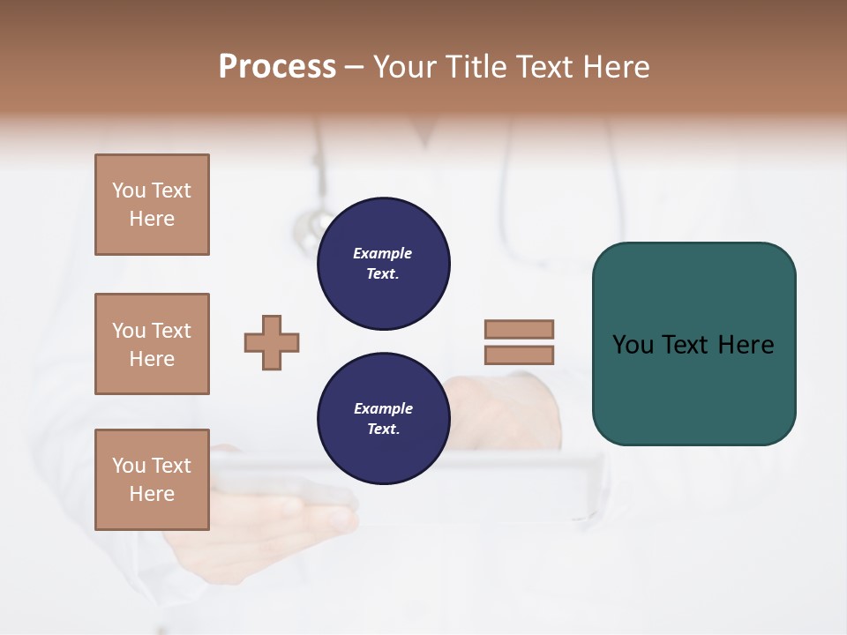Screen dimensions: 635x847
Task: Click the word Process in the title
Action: pos(277,67)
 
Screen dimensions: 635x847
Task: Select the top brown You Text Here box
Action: pos(152,205)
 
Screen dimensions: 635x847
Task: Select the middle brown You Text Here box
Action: pos(152,344)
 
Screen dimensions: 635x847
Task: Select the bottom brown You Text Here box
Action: pos(152,480)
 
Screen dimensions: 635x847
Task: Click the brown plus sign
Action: pos(272,342)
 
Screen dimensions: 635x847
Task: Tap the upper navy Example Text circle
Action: pos(383,264)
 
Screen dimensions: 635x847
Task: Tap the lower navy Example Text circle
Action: pos(383,419)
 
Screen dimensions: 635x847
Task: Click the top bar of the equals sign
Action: pos(519,329)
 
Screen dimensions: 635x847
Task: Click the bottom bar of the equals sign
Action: pos(519,355)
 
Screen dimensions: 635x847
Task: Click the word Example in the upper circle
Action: pos(382,253)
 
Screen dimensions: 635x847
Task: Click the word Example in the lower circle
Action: pos(383,408)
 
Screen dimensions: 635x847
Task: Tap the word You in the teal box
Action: pos(633,345)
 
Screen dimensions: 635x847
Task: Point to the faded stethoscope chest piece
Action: pos(308,231)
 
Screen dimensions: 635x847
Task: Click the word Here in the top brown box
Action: pos(152,219)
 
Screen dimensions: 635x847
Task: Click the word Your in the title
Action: pos(403,67)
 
